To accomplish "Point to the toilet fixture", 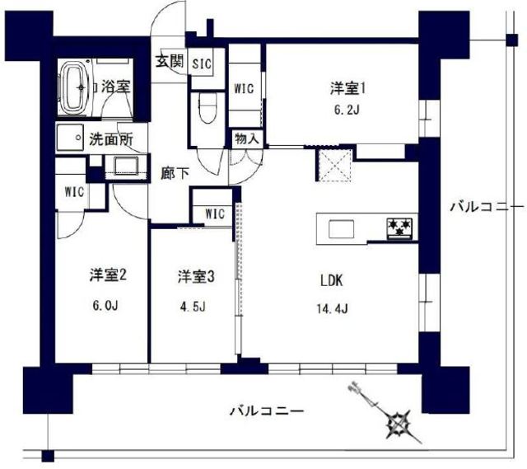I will click(208, 107).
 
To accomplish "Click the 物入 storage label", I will click(246, 138).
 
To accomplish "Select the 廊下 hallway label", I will click(174, 175).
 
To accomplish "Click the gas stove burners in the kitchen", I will click(401, 227).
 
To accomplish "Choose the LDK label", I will click(332, 280).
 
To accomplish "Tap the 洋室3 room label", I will click(197, 276).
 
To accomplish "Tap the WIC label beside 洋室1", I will click(245, 88).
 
